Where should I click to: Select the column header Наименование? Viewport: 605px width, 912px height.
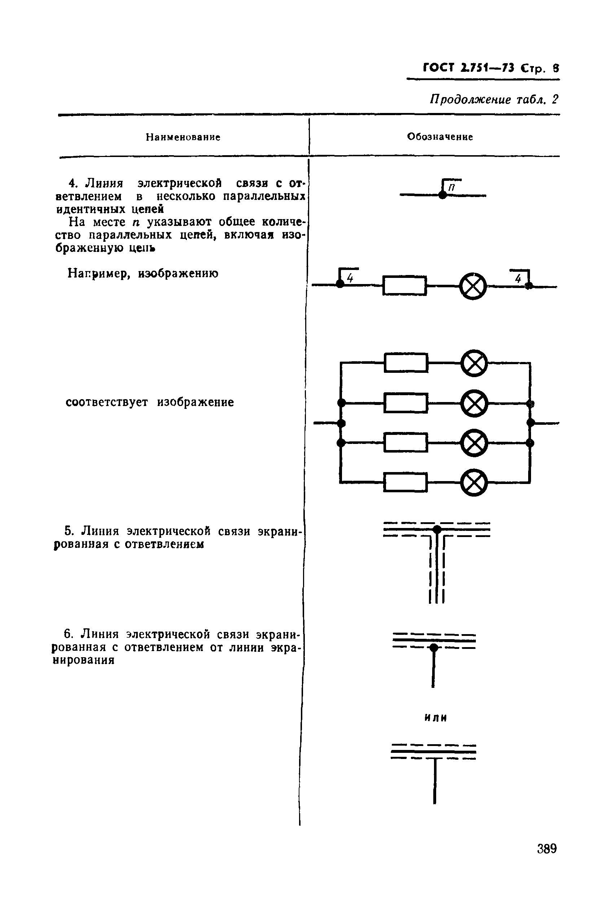tap(183, 137)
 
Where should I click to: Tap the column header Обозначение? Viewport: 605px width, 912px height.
tap(440, 137)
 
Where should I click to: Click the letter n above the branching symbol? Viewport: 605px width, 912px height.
tap(452, 187)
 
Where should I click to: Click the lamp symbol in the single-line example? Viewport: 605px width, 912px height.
tap(473, 286)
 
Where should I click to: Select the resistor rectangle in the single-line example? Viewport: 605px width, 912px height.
tap(404, 285)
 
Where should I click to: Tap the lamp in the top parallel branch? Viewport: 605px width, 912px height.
tap(474, 363)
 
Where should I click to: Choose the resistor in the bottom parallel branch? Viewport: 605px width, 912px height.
tap(405, 483)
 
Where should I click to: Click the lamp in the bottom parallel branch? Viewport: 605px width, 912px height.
tap(474, 483)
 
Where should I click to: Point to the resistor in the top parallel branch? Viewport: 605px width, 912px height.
tap(406, 363)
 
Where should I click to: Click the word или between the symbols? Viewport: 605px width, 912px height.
tap(435, 718)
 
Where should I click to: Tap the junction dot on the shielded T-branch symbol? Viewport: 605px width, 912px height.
tap(437, 529)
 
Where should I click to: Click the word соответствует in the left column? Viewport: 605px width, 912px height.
tap(106, 402)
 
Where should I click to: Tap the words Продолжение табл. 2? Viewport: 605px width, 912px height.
tap(494, 100)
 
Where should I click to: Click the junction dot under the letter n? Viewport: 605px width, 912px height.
tap(443, 195)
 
